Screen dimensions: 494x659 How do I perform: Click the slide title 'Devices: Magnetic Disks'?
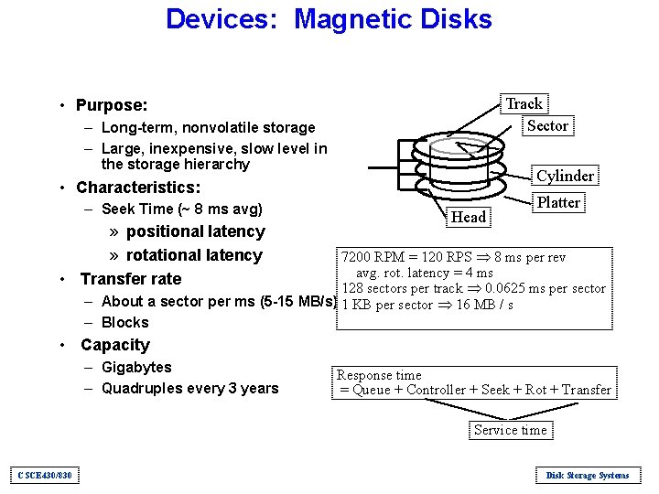tap(329, 19)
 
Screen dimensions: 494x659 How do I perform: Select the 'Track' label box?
tap(524, 103)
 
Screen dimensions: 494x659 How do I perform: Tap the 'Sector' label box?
tap(547, 125)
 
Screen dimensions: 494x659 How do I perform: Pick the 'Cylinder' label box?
tap(565, 176)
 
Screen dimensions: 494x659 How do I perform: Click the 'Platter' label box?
tap(558, 202)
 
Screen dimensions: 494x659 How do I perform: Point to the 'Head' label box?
tap(469, 217)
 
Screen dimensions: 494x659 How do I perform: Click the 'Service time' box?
tap(510, 430)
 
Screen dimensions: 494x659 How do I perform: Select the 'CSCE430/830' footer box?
tap(45, 475)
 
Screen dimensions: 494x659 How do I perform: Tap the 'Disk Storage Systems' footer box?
tap(587, 475)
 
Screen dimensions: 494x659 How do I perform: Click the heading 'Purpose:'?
tap(112, 106)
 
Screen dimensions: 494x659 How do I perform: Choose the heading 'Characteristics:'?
tap(138, 188)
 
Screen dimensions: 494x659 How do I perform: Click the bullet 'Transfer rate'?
tap(131, 279)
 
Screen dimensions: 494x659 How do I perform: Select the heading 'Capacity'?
tap(114, 345)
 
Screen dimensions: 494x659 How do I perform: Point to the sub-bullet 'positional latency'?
tap(195, 232)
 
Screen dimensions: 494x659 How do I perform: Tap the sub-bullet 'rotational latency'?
tap(194, 255)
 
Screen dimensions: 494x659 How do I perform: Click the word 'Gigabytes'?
tap(136, 367)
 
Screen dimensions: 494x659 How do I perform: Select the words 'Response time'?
tap(379, 375)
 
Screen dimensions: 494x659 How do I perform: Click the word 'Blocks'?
tap(124, 322)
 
